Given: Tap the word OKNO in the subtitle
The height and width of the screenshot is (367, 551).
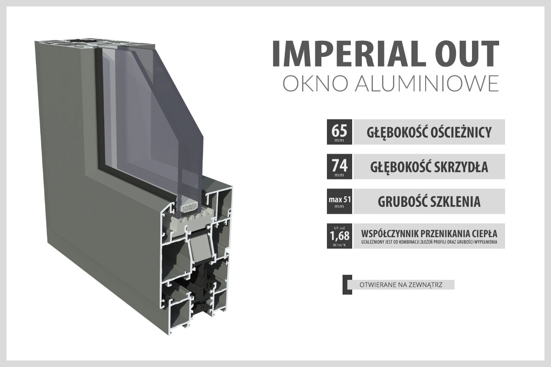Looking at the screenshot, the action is click(315, 83).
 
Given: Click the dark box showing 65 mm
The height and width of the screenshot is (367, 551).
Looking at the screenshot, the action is click(339, 132).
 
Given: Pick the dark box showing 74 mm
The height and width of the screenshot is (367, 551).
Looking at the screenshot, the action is click(339, 167).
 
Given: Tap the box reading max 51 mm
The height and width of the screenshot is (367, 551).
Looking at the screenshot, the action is click(339, 201).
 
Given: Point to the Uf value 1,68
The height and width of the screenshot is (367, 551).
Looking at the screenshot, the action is click(339, 236).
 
